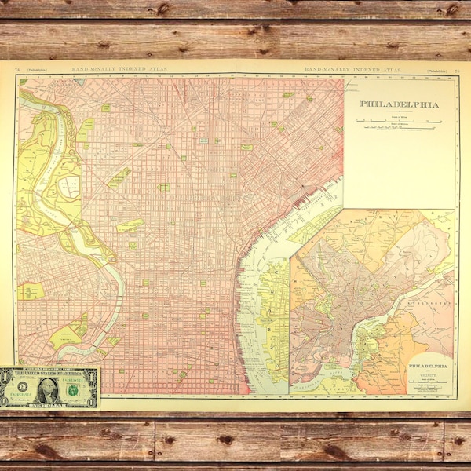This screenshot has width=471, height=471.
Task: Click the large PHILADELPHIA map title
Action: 399,103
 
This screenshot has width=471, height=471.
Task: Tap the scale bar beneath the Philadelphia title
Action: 399,121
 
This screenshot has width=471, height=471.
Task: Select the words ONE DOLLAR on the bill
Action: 48,403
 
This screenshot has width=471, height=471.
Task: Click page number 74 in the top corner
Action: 18,71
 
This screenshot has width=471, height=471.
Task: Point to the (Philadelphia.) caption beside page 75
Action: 436,71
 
